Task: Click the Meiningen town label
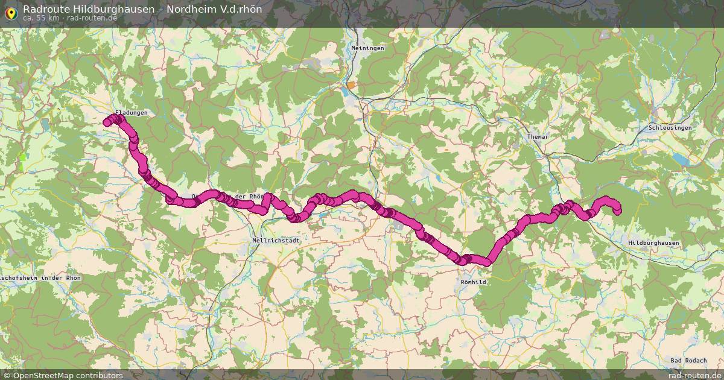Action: [x=367, y=48]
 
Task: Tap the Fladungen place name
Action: [x=131, y=113]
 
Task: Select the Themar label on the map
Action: [x=537, y=137]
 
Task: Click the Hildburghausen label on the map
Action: [x=653, y=242]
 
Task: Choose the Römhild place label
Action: [x=472, y=282]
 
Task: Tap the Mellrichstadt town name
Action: [x=275, y=240]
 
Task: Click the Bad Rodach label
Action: [x=688, y=361]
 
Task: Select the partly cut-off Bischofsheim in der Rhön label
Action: [x=40, y=277]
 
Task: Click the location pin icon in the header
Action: [x=10, y=12]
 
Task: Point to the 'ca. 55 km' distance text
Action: [x=40, y=18]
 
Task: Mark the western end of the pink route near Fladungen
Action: [x=107, y=122]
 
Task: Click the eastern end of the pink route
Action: [x=617, y=210]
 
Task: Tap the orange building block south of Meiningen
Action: [x=351, y=86]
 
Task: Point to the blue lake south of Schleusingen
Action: [x=680, y=159]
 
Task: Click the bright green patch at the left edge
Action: [x=24, y=160]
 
